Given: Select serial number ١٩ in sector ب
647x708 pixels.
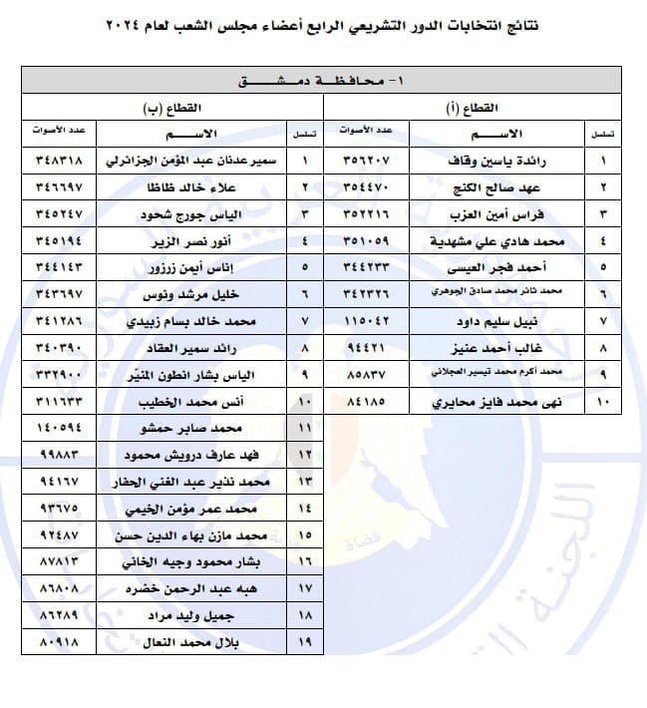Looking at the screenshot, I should [304, 638].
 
